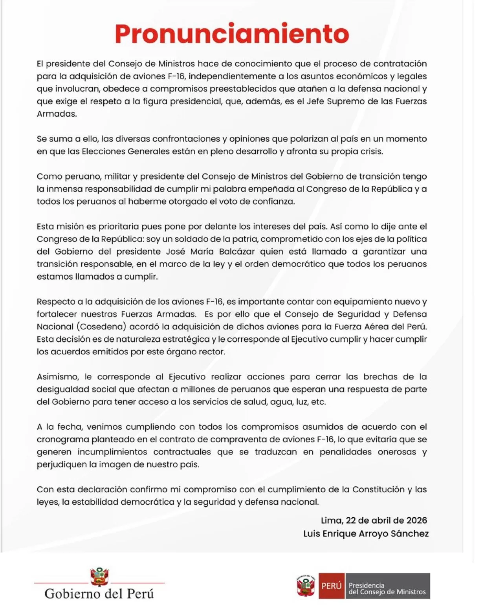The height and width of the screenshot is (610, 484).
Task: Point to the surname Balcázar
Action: point(232,252)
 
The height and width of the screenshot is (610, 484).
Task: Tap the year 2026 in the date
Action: point(417,520)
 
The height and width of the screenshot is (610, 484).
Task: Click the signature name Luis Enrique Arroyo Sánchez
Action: point(366,534)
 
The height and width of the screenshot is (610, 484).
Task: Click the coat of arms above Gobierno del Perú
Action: point(99,577)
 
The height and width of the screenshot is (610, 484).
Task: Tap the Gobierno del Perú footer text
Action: point(99,594)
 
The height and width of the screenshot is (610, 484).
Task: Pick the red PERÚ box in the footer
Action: point(331,586)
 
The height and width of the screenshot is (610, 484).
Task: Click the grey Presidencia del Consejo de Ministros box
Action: point(387,586)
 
